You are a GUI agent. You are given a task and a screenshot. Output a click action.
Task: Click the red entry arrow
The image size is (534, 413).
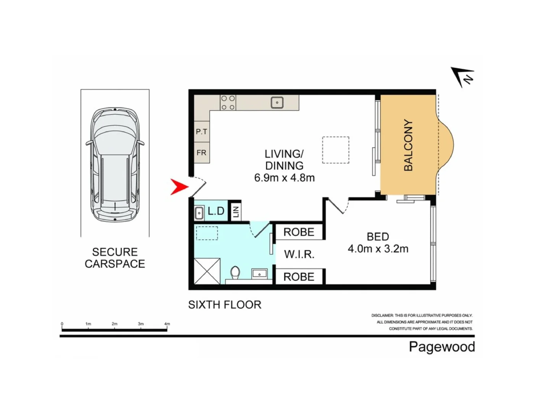point(179,187)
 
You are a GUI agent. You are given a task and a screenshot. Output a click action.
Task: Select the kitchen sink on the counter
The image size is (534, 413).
point(277,102)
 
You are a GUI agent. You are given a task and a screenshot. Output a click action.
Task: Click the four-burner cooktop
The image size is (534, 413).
point(228,103)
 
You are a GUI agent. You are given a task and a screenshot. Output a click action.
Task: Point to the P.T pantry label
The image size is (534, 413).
point(202,132)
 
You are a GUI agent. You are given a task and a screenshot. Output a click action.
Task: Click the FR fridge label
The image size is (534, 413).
point(202,153)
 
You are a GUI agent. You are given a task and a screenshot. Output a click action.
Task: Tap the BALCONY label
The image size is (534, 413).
point(408,145)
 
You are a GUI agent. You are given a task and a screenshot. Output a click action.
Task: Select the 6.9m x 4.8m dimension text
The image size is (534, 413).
point(284,178)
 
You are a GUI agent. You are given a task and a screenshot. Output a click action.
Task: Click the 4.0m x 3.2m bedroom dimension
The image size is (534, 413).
point(378,249)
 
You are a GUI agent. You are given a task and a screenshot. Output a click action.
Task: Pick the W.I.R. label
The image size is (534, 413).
point(299,254)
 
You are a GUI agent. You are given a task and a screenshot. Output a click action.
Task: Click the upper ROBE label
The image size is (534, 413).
point(299,232)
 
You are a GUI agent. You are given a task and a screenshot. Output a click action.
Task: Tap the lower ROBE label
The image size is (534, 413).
point(299,277)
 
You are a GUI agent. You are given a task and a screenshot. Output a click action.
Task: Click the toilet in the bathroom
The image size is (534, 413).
point(235,273)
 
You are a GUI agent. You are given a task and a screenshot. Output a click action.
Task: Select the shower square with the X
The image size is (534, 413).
point(207,271)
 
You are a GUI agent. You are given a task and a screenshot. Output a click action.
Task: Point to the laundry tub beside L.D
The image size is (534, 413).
point(199,213)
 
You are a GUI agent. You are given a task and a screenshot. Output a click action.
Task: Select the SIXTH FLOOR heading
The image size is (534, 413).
point(225,305)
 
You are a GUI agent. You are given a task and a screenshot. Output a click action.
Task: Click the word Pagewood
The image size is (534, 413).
point(442,347)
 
